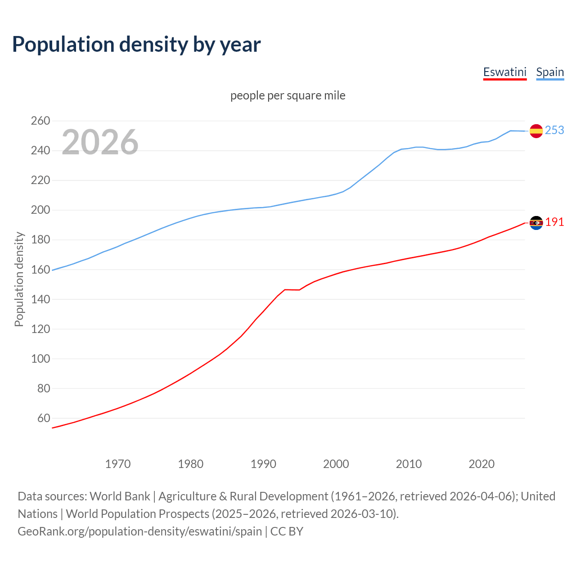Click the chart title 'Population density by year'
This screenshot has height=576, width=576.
(x=136, y=44)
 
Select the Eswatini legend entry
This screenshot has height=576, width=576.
(x=504, y=72)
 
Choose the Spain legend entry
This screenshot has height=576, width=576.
(x=550, y=72)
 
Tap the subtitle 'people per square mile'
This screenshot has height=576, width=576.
(x=288, y=95)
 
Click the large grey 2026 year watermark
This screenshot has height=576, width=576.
(x=100, y=142)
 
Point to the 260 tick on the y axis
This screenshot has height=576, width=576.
(x=40, y=121)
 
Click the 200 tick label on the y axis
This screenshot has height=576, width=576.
(x=40, y=210)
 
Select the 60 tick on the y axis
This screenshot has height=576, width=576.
(x=44, y=418)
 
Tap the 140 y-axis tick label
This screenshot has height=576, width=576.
(x=40, y=299)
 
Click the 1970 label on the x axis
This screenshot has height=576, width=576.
(x=118, y=463)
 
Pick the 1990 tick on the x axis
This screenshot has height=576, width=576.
(x=263, y=463)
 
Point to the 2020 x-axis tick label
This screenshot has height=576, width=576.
(x=481, y=463)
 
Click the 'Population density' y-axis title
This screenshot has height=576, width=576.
(x=19, y=279)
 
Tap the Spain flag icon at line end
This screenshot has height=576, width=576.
(x=536, y=131)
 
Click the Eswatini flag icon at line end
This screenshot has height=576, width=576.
(x=536, y=223)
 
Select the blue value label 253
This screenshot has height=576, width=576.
(x=554, y=130)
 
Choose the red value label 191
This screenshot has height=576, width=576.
(x=554, y=222)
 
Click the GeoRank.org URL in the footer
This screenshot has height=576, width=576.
(x=139, y=531)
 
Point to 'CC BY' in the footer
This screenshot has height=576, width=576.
(x=287, y=531)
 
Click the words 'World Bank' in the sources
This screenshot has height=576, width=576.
(x=120, y=496)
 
